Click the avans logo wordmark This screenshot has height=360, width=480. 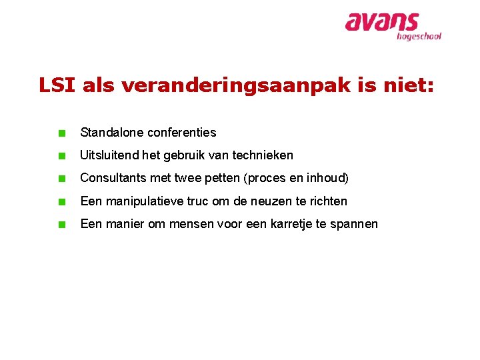tap(381, 23)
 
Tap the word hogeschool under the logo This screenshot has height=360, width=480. tap(419, 37)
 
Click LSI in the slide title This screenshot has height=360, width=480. tap(56, 85)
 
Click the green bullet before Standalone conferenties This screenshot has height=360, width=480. tap(61, 133)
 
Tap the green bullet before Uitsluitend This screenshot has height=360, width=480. tap(61, 156)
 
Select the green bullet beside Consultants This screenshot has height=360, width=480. tap(61, 179)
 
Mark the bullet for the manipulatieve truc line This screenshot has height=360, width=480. tap(61, 201)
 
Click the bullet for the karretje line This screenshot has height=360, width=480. tap(61, 224)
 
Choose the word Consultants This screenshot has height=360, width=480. tap(112, 178)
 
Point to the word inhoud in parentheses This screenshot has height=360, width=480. tap(325, 178)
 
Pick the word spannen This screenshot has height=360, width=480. tap(353, 224)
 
